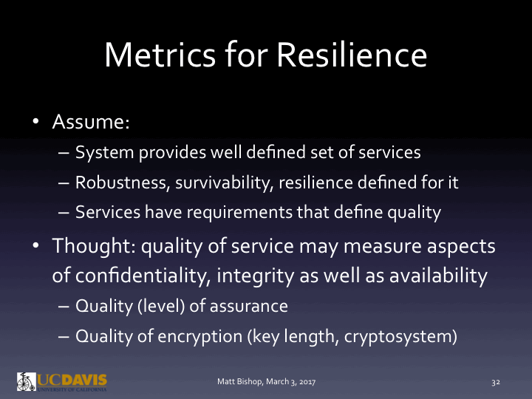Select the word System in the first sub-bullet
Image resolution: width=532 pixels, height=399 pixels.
coord(100,153)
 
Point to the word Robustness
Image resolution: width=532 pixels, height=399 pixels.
coord(117,183)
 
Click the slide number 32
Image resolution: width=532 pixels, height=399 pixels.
coord(496,382)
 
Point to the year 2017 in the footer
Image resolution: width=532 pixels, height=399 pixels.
coord(307,382)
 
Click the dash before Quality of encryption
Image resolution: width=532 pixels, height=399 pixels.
coord(62,335)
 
